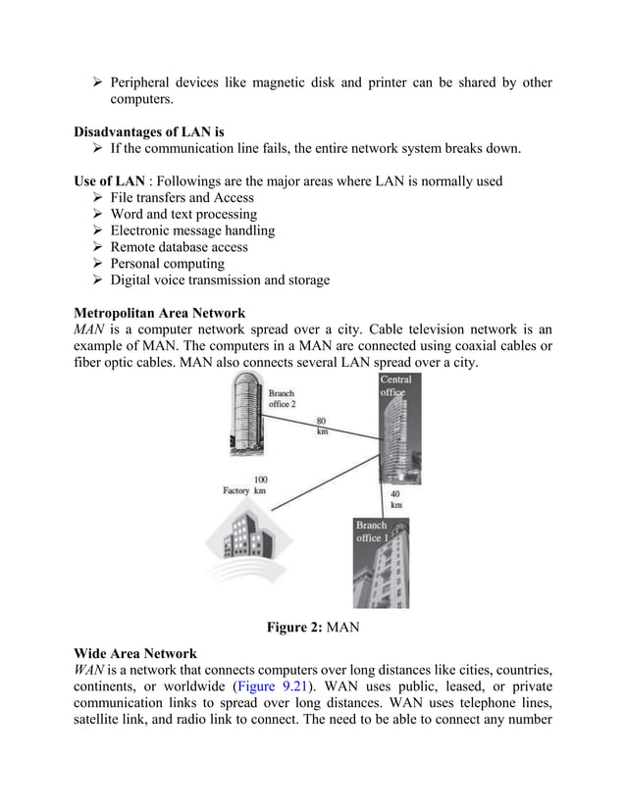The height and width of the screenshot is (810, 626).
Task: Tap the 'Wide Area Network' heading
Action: coord(135,653)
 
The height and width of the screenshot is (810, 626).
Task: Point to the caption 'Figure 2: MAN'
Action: coord(312,628)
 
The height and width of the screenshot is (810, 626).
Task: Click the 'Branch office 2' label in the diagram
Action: coord(281,400)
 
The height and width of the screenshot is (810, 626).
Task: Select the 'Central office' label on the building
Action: coord(396,385)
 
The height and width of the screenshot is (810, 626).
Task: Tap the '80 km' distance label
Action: coord(322,427)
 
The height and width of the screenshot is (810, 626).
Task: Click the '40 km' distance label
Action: coord(396,500)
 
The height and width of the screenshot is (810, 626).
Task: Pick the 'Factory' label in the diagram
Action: coord(236,490)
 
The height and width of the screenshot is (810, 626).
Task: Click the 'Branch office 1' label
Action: coord(372,532)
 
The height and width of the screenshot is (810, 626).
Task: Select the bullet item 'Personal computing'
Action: coord(167,264)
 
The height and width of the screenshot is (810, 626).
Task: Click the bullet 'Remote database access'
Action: coord(179,247)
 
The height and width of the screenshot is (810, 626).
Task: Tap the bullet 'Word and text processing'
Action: coord(183,214)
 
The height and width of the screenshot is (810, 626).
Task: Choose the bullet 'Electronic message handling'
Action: coord(192,230)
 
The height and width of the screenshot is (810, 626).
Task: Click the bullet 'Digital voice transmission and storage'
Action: coord(220,280)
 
